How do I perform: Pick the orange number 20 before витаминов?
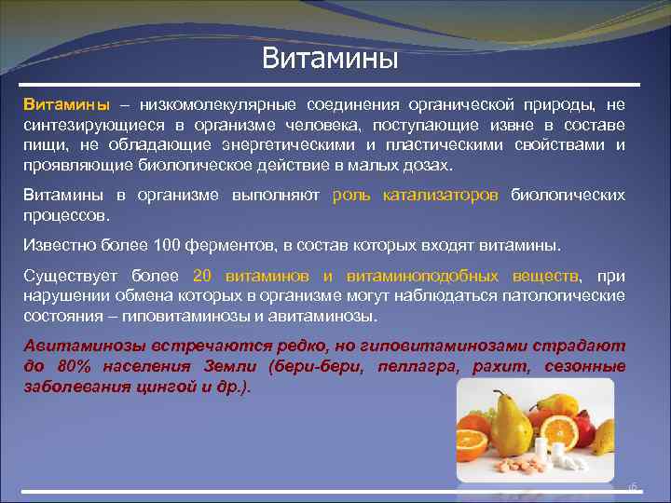[x=203, y=277]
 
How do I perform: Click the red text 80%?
[x=70, y=365]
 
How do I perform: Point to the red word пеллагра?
[x=418, y=365]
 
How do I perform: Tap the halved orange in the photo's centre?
[x=558, y=432]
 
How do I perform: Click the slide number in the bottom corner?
[x=631, y=486]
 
